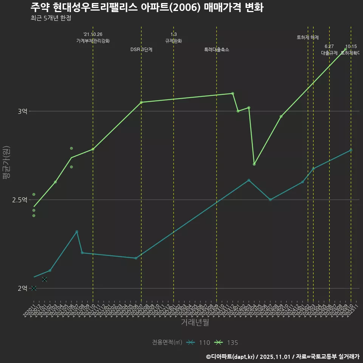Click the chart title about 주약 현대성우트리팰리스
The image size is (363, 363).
147,7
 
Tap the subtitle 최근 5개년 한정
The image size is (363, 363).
51,18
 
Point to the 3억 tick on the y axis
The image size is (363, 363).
22,111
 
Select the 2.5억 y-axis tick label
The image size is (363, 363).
20,200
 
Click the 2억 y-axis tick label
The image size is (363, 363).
22,288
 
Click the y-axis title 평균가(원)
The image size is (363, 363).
6,163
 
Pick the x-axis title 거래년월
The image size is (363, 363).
195,323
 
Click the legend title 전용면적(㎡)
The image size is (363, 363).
167,343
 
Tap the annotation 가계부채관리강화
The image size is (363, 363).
93,41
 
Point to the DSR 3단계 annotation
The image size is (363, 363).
141,50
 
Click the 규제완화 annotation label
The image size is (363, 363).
174,41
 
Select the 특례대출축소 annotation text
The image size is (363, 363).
217,50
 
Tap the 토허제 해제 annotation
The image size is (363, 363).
308,37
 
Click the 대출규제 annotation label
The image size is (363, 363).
329,53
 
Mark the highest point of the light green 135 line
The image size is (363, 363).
345,50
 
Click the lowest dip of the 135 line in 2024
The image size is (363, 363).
254,164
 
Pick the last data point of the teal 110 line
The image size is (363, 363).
351,150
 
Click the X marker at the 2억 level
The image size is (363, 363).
34,288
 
